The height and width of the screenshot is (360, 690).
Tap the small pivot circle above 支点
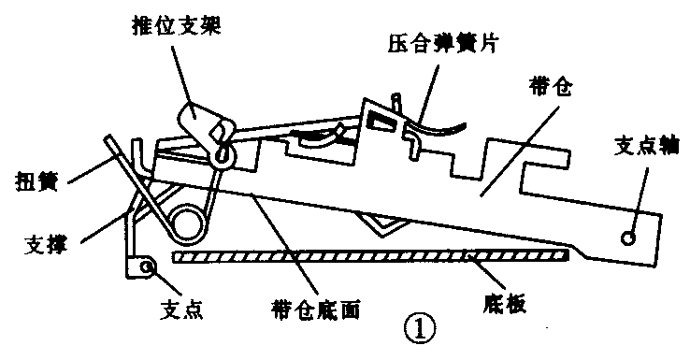tap(146, 268)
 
